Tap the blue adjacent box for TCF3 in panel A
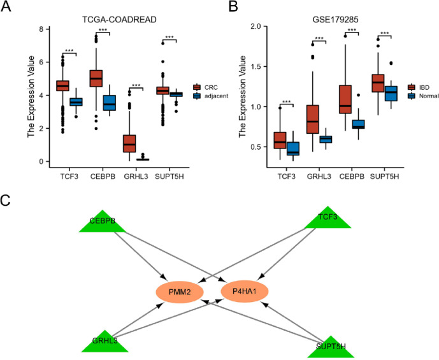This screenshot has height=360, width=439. point(76,101)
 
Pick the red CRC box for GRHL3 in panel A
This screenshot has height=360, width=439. point(129,143)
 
